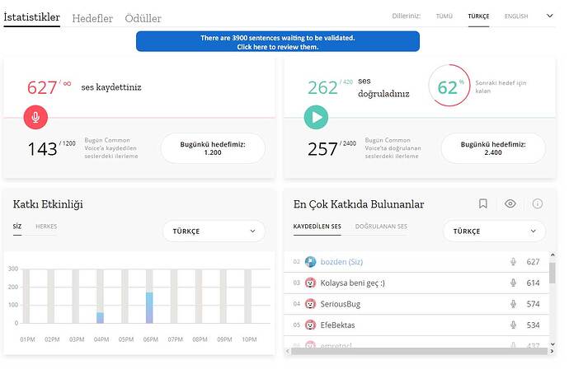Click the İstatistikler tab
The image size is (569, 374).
[31, 16]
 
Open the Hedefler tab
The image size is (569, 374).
[93, 18]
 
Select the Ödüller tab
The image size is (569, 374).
[143, 18]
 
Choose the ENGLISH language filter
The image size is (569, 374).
[516, 16]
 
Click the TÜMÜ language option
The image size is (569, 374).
[444, 16]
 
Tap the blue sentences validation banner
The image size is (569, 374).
[277, 42]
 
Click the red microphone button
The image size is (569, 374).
[35, 117]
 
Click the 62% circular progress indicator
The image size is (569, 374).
[449, 86]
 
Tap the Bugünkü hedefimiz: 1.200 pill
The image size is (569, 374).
[213, 148]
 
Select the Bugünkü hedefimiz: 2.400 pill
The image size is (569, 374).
[493, 148]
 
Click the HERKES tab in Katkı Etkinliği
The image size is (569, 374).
[46, 226]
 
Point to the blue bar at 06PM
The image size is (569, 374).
[149, 307]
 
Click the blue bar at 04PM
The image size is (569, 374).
[100, 317]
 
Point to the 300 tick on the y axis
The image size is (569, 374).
[13, 269]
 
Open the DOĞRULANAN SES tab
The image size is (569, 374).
[381, 226]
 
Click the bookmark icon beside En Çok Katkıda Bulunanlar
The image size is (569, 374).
[483, 203]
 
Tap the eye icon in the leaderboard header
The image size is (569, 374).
[510, 203]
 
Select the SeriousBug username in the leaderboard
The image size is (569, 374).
[342, 304]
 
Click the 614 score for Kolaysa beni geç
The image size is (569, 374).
[533, 283]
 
